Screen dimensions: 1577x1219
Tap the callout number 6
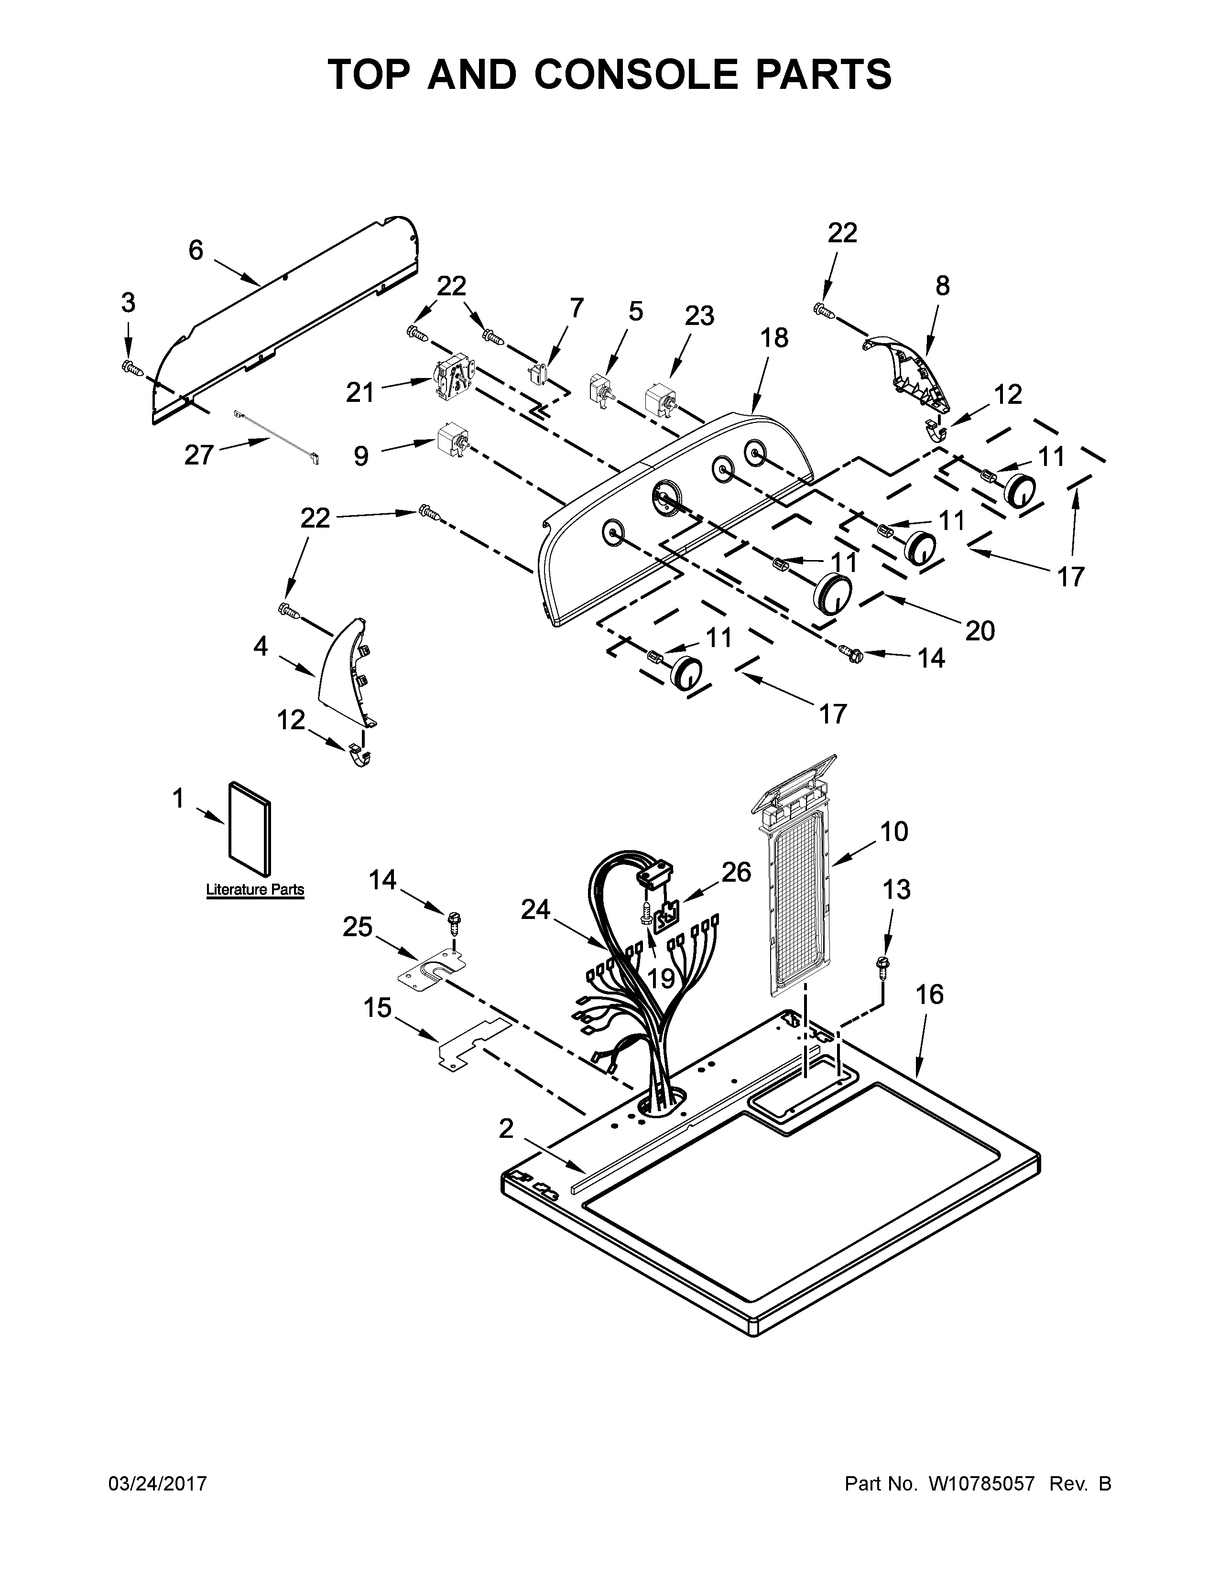[196, 250]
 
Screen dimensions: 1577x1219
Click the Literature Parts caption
[255, 890]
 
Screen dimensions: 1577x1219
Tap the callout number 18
[774, 337]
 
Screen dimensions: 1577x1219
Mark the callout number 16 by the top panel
[929, 994]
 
